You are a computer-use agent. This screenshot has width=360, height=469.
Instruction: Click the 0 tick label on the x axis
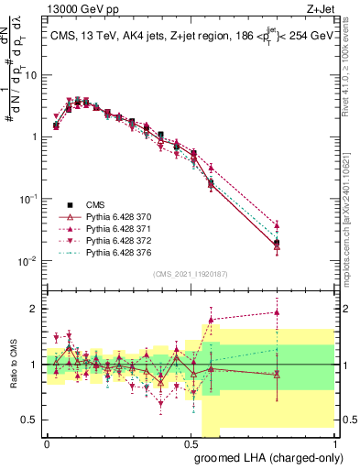47,442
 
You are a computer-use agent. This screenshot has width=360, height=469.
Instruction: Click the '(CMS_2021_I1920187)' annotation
189,273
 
